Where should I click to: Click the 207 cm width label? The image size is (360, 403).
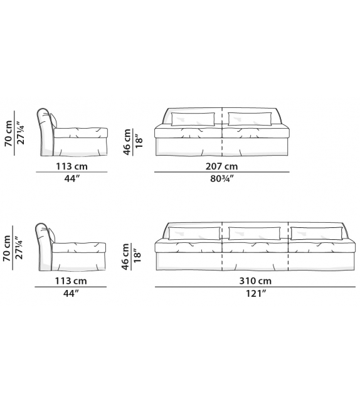pyautogui.click(x=222, y=166)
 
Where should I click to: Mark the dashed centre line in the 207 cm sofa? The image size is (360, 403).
pyautogui.click(x=223, y=132)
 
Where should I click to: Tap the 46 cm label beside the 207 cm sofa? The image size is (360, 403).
pyautogui.click(x=128, y=142)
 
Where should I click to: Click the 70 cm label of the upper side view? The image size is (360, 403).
pyautogui.click(x=8, y=132)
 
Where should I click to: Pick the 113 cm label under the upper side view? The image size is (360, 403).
pyautogui.click(x=70, y=166)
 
